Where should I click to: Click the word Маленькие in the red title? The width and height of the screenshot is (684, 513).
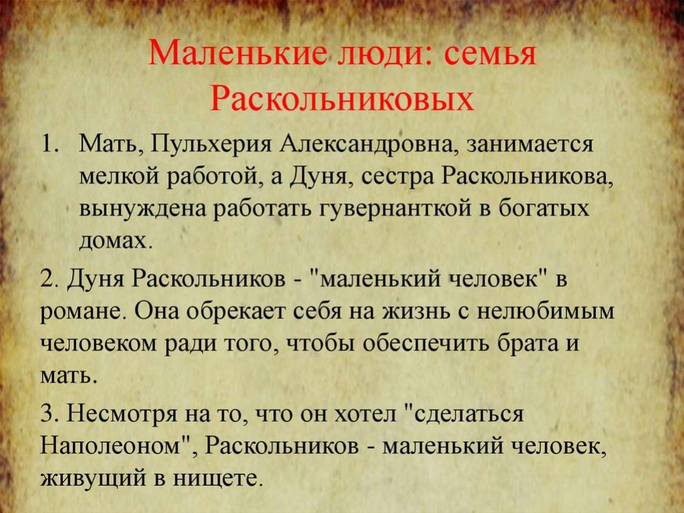coord(237,54)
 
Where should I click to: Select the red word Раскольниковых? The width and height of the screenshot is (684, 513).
coord(341,99)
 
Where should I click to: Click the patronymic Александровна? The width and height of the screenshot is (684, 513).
coord(368,145)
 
